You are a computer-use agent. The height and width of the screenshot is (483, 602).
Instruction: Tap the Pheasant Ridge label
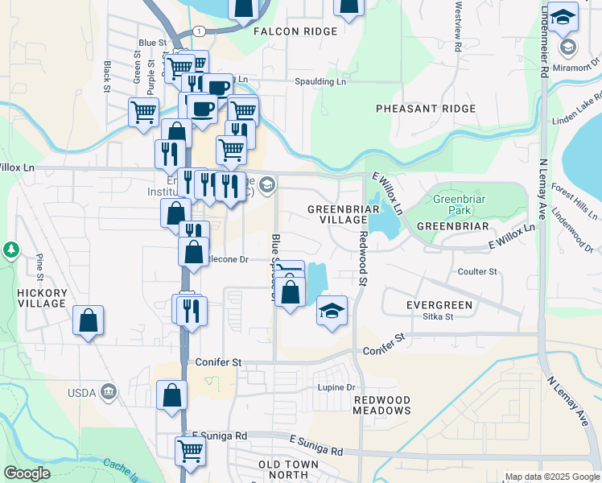(414, 109)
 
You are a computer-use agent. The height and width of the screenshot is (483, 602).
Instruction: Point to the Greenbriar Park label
(456, 204)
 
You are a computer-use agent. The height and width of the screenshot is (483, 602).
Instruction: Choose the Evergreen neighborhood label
(439, 305)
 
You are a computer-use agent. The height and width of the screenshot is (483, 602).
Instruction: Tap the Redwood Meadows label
(381, 405)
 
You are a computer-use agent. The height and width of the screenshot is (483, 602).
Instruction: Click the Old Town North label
(289, 470)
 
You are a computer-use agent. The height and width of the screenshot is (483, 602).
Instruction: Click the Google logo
(27, 473)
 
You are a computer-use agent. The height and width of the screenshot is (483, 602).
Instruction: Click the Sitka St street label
(439, 317)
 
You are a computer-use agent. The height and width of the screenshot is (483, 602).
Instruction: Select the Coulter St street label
(476, 272)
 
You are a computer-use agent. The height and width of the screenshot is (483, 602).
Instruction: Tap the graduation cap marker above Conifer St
(331, 311)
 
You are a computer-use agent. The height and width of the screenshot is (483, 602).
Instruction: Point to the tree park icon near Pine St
(11, 250)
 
